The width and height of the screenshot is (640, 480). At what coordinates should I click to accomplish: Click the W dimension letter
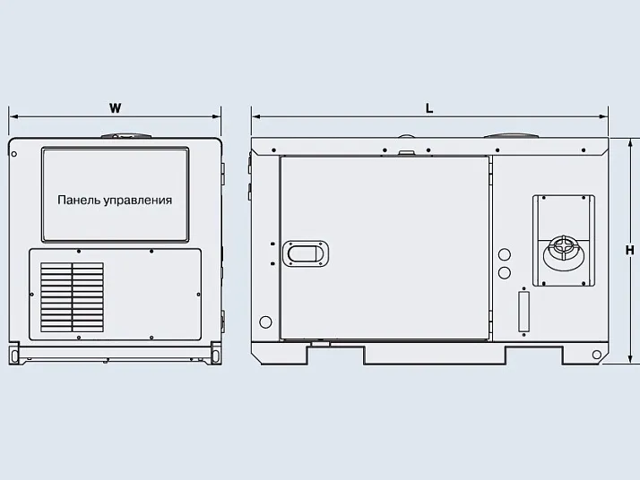point(116,108)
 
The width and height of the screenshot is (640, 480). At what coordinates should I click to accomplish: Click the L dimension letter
point(429,108)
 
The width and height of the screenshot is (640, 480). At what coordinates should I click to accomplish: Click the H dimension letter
point(630,250)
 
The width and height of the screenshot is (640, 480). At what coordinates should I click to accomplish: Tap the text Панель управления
point(115,201)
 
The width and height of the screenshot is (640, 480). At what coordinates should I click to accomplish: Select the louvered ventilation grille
point(72,297)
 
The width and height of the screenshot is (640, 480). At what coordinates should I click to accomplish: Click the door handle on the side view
point(306,253)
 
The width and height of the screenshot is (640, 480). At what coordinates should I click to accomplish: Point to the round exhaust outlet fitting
point(563,253)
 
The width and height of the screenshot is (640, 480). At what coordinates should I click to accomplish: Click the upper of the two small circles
point(505,254)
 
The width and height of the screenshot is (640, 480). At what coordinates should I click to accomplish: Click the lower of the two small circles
point(505,272)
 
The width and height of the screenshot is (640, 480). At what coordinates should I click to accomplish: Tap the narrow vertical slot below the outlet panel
point(523,312)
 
